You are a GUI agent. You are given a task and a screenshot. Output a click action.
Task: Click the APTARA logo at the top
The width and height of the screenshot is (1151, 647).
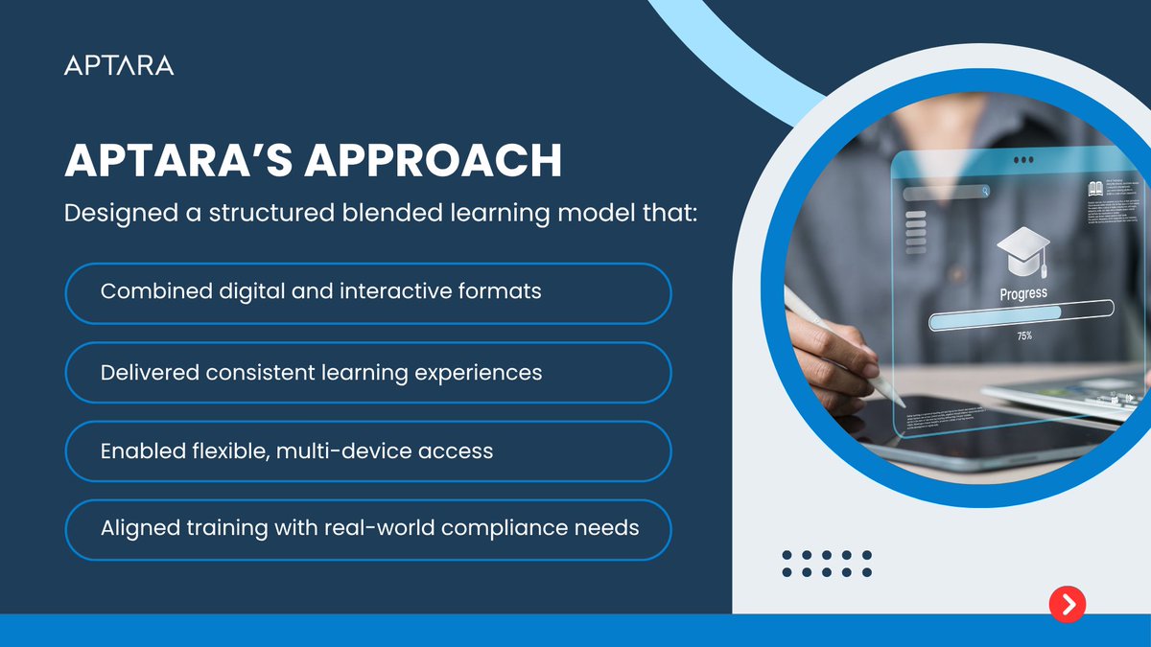119,65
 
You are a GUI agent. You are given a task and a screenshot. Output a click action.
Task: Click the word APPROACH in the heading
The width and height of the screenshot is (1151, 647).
433,162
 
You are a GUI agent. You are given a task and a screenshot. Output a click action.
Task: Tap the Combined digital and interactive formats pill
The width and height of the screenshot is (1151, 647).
367,293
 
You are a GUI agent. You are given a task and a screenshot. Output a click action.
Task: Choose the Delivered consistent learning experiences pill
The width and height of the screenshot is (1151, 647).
367,372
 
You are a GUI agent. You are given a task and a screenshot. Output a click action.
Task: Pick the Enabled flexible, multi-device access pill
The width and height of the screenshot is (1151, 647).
367,451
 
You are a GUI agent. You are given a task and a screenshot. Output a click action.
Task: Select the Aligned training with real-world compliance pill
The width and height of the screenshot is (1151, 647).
367,529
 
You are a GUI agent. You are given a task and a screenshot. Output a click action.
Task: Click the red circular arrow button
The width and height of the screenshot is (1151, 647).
1067,603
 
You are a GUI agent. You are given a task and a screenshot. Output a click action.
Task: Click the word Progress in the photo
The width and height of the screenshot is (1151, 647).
1023,294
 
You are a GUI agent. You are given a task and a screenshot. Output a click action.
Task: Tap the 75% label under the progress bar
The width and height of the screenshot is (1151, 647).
1024,336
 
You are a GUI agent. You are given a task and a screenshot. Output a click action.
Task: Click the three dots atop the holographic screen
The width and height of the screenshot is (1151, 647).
1023,160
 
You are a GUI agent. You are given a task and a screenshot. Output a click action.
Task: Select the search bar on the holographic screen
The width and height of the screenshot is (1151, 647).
946,192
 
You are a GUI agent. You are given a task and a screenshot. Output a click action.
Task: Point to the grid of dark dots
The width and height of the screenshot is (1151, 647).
826,564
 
